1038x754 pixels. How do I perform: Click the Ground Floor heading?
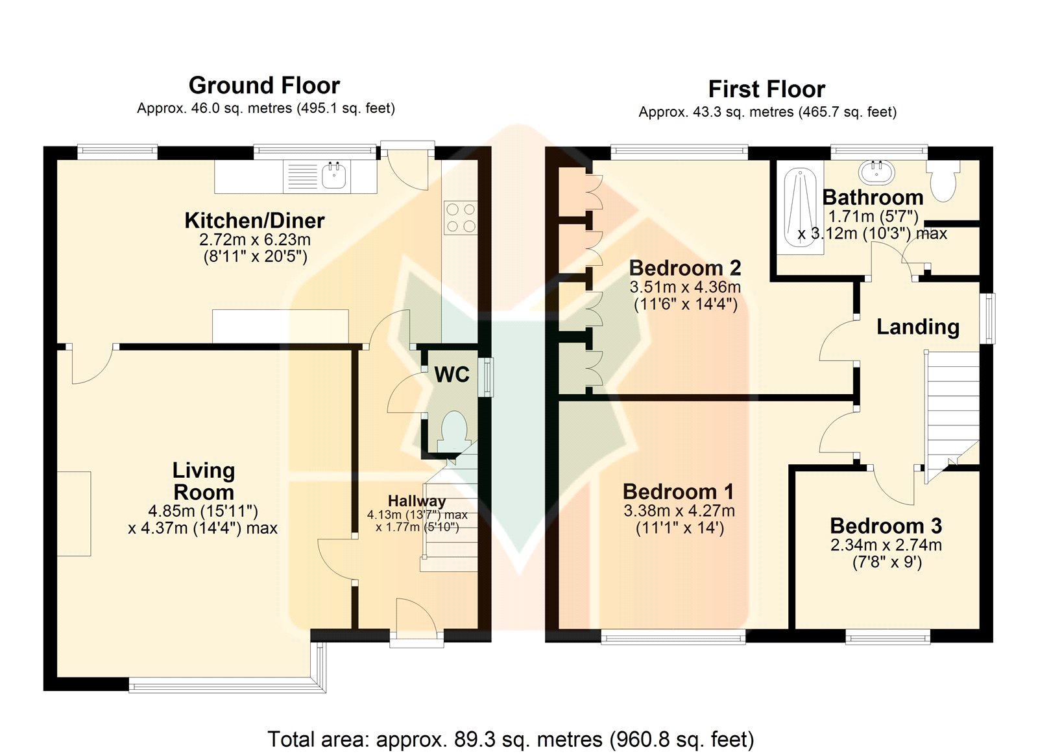[x=264, y=86]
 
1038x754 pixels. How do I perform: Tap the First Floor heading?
[x=767, y=89]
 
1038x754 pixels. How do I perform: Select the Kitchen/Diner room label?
[x=254, y=220]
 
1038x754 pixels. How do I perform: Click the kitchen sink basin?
[x=333, y=175]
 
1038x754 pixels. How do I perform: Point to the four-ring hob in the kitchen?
[x=461, y=218]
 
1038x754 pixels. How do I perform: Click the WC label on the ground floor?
[x=452, y=374]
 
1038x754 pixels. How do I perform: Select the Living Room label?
[x=204, y=481]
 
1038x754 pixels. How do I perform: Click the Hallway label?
[x=416, y=501]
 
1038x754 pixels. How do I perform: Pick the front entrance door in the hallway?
[x=416, y=618]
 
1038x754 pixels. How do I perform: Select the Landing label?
[x=918, y=327]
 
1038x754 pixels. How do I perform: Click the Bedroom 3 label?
[x=886, y=526]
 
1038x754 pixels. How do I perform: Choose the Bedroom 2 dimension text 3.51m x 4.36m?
[x=685, y=287]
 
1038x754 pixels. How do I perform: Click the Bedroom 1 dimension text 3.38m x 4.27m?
[x=679, y=510]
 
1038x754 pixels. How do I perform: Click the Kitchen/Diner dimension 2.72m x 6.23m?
[x=255, y=240]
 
